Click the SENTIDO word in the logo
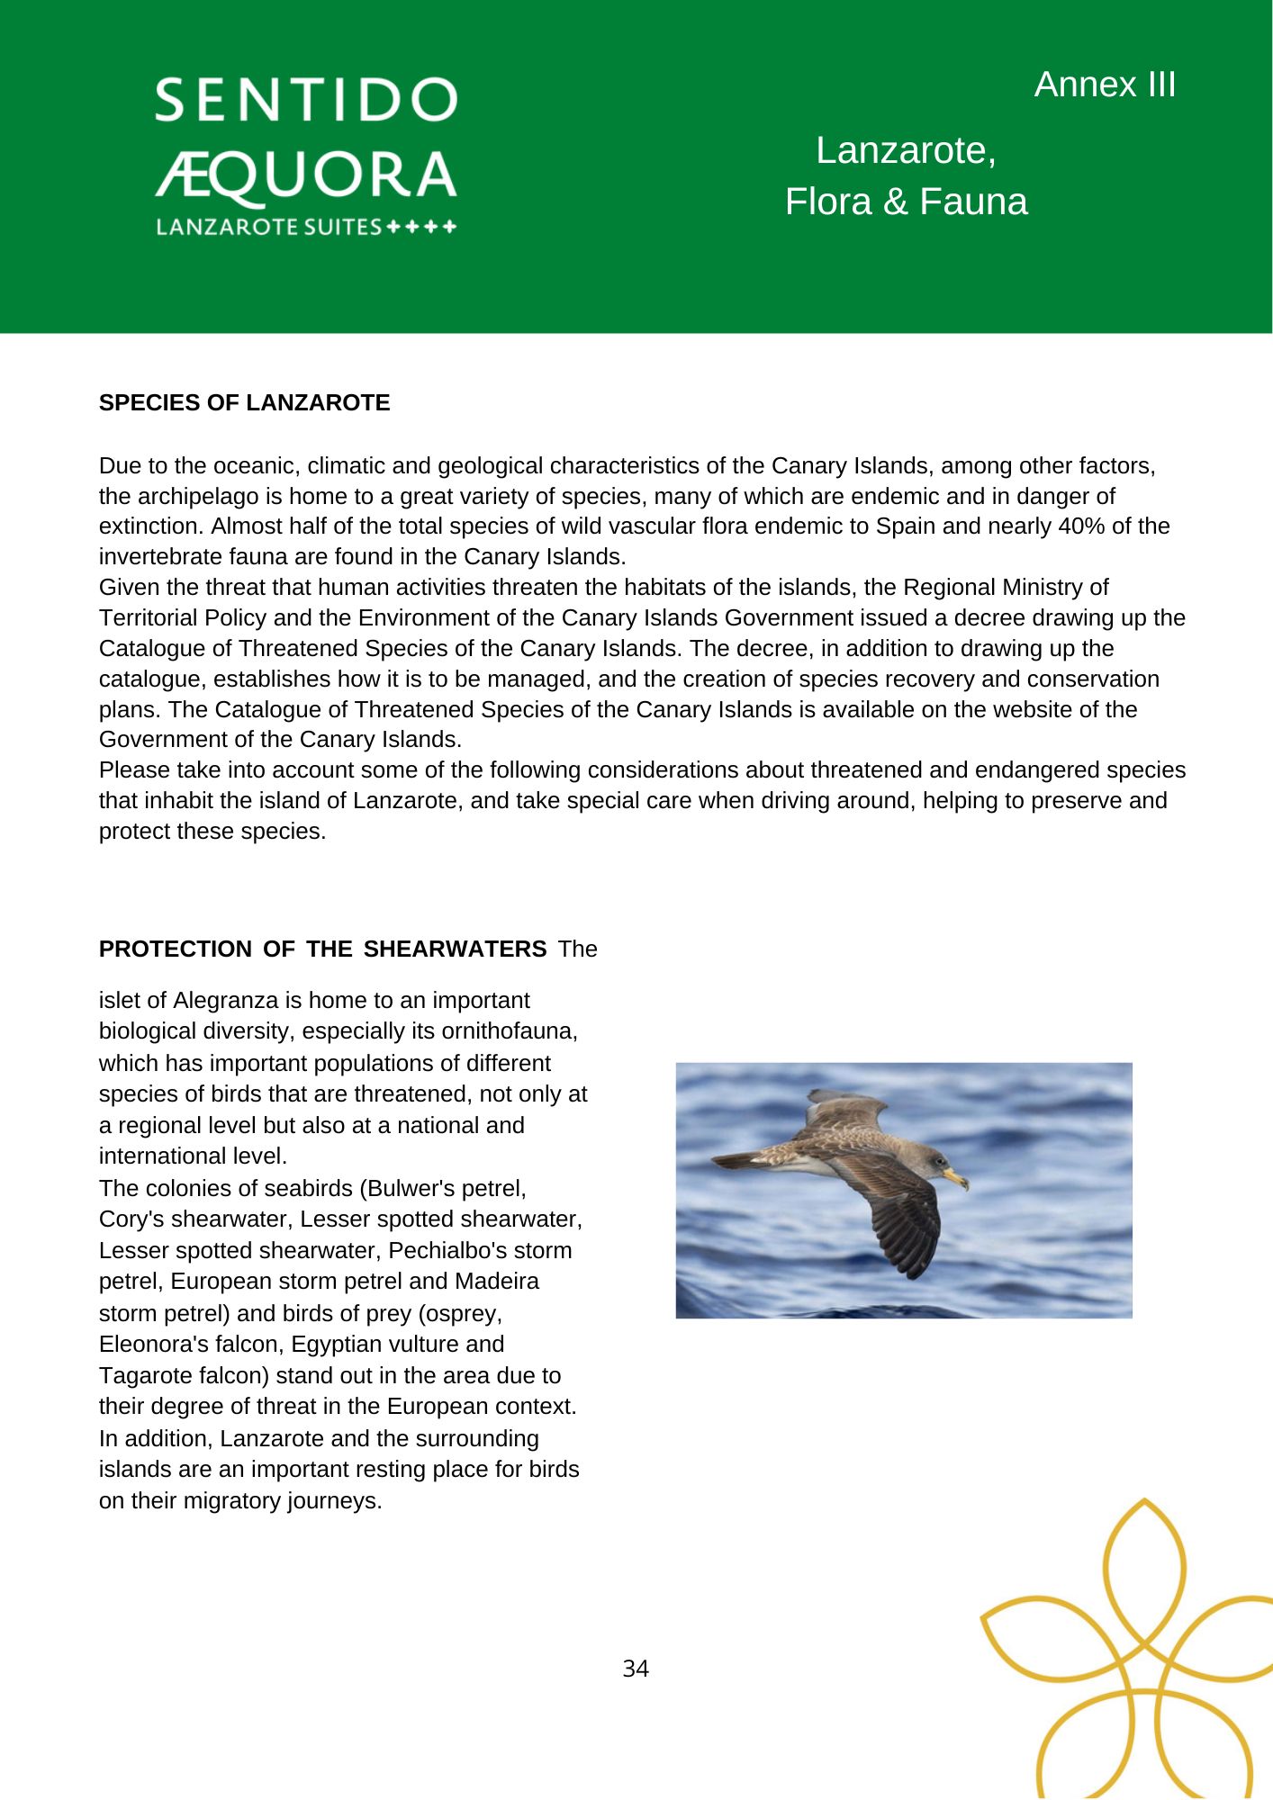point(306,100)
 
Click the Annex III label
point(1105,85)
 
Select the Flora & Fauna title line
point(906,202)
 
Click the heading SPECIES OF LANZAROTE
point(245,403)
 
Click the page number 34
point(636,1669)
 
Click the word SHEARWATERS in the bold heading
point(455,949)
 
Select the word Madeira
point(497,1282)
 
